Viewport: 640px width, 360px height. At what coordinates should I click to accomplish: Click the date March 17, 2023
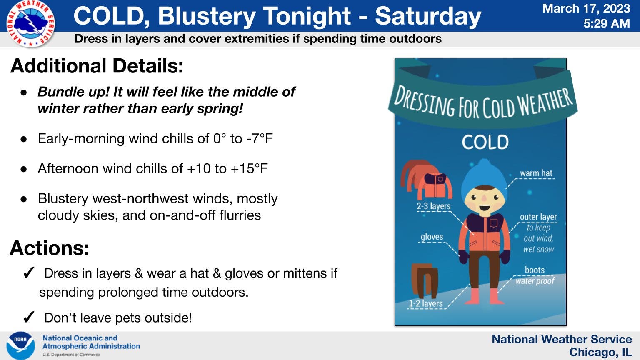[586, 9]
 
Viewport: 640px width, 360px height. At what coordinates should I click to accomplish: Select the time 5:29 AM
[607, 23]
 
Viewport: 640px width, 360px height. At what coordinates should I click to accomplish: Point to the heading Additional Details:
[97, 66]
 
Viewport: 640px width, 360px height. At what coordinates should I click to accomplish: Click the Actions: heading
[50, 248]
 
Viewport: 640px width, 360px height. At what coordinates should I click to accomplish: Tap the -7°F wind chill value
[260, 139]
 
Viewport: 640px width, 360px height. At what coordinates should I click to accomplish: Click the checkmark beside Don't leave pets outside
[29, 317]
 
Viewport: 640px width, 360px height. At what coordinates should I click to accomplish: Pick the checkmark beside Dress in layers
[29, 273]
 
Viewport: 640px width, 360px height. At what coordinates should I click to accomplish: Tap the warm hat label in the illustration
[536, 173]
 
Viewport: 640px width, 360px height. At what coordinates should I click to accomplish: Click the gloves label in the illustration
[432, 237]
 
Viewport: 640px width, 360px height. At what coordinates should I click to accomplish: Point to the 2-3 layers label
[433, 206]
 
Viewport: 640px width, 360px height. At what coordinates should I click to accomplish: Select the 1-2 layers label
[426, 303]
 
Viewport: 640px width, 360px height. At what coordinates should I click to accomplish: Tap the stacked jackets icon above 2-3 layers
[426, 180]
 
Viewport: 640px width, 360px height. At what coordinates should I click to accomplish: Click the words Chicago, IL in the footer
[600, 352]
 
